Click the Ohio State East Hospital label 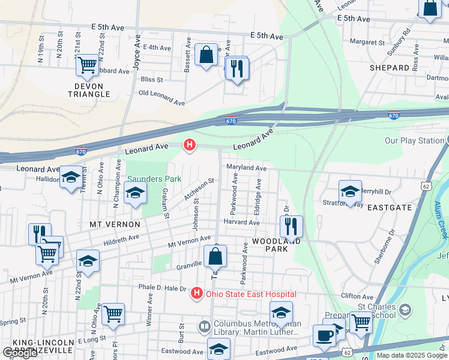[251, 294]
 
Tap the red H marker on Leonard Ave [190, 145]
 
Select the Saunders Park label [154, 179]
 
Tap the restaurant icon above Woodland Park [291, 226]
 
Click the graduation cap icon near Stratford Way [350, 191]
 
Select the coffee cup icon [324, 335]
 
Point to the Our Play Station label [414, 141]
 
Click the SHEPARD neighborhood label [389, 68]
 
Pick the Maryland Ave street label [246, 169]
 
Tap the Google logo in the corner [20, 353]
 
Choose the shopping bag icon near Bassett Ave [206, 55]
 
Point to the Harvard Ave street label [241, 222]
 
